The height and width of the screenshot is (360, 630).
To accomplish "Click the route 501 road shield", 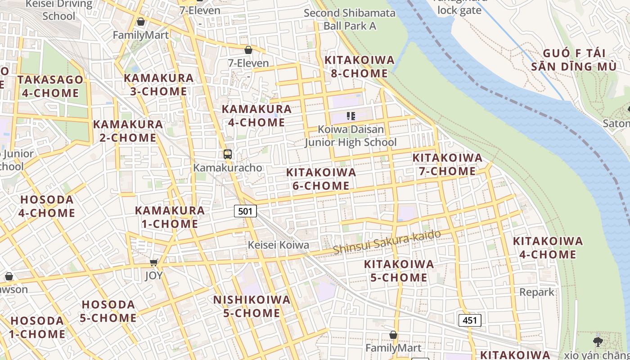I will pos(245,211).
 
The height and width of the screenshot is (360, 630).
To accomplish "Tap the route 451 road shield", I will pos(470,320).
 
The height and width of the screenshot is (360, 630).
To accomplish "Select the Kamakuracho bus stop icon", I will pos(228,154).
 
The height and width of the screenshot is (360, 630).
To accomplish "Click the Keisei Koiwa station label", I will pos(279,245).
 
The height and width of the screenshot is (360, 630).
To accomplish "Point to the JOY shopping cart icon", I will pos(154,262).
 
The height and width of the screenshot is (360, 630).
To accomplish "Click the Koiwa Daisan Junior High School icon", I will pos(351,116).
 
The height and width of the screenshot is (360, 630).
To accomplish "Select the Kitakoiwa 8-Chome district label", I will pos(359,67).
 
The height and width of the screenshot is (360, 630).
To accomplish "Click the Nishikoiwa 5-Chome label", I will pos(252,306).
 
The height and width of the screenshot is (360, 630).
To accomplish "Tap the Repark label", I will pos(537,292).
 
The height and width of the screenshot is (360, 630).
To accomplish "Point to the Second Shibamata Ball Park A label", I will pos(350,19).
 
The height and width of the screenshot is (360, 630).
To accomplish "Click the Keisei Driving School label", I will pos(59,10).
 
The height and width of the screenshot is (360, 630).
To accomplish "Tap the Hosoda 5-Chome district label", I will pos(108,311).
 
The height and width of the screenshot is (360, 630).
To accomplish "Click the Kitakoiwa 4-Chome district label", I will pos(548,247).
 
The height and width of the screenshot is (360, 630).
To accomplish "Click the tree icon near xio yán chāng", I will pos(598,342).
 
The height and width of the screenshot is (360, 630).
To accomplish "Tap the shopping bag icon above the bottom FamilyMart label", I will pos(393,335).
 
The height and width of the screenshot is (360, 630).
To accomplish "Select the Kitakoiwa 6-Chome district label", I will pos(321,179).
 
